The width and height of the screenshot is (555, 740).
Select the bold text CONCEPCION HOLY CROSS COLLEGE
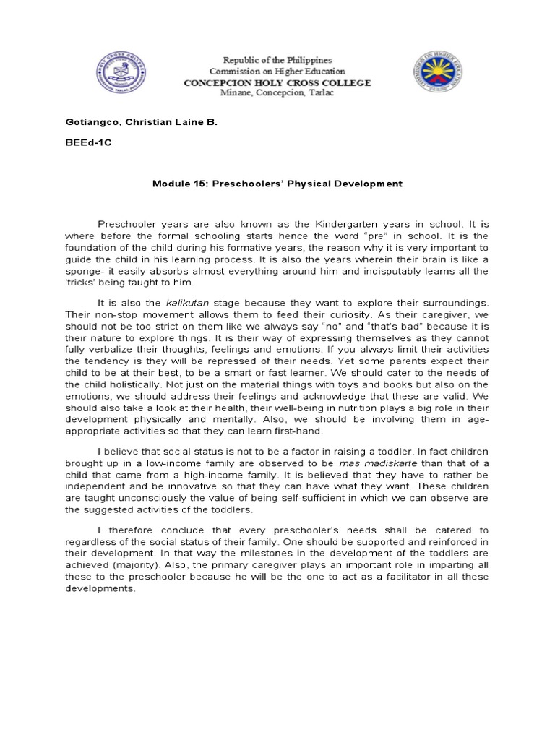[277, 82]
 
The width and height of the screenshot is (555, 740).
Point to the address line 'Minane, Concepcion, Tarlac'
[277, 93]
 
